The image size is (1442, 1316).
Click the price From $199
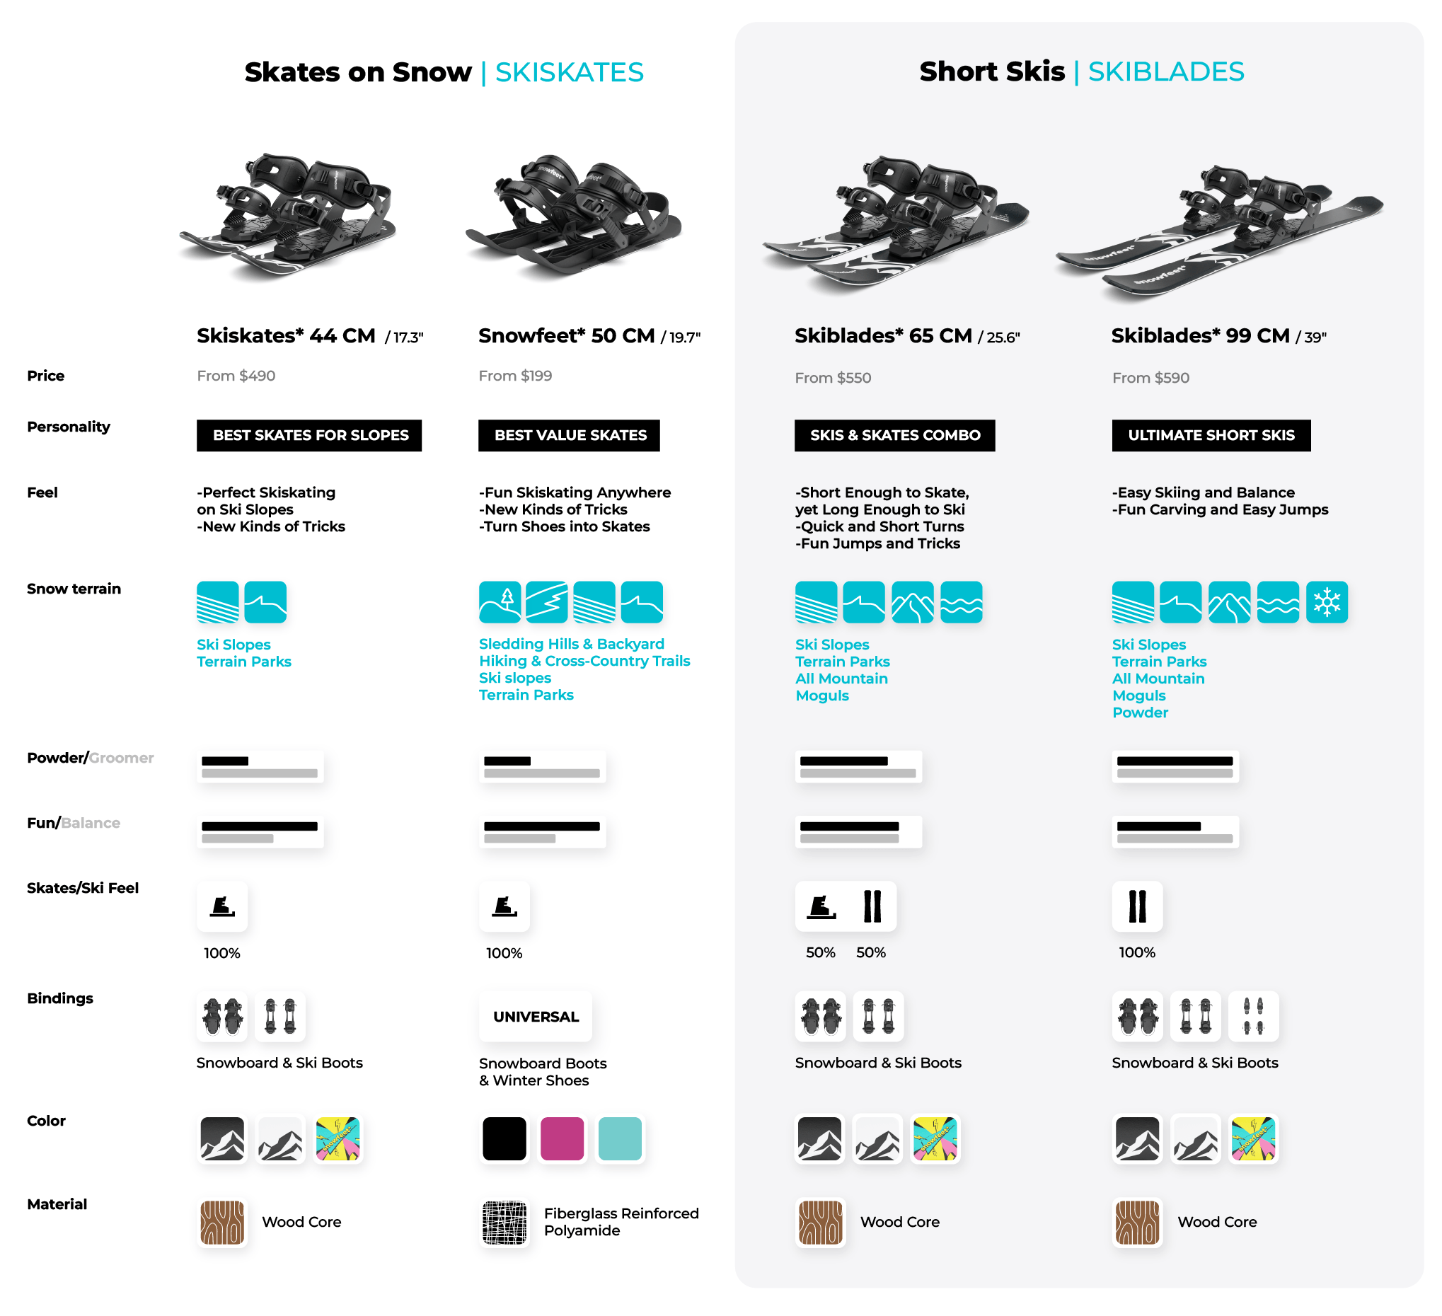(x=515, y=376)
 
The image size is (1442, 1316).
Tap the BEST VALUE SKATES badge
(x=570, y=436)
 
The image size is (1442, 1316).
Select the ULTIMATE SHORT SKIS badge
(x=1211, y=436)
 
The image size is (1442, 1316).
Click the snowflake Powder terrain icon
(x=1327, y=602)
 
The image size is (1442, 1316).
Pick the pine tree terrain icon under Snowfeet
(x=500, y=602)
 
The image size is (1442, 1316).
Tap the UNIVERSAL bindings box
(x=536, y=1017)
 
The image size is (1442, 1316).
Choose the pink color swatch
(x=563, y=1138)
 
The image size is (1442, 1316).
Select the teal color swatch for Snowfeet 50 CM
(x=620, y=1138)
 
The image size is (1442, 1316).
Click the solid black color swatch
(x=504, y=1138)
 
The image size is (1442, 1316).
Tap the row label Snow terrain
(x=74, y=589)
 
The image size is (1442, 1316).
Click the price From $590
(x=1151, y=378)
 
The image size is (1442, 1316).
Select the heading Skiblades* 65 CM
(x=883, y=335)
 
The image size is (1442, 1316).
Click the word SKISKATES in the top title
(x=570, y=72)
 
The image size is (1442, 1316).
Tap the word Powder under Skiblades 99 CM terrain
(x=1140, y=712)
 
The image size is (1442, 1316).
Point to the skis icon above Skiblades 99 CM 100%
(x=1137, y=906)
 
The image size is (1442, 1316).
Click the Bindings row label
(x=60, y=998)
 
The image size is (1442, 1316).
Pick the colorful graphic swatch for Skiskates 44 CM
(x=338, y=1138)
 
